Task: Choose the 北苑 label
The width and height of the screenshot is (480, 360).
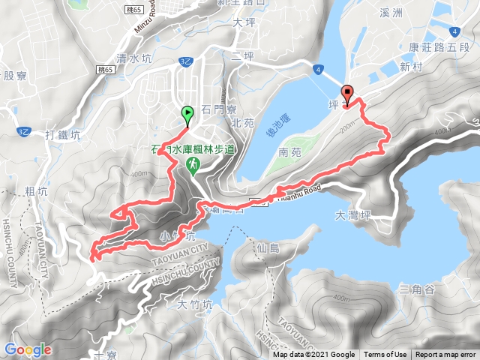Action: click(x=244, y=122)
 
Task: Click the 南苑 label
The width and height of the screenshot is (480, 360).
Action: click(x=289, y=151)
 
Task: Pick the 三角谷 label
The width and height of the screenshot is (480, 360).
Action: click(x=418, y=289)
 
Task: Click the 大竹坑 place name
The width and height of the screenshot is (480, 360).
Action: click(x=196, y=304)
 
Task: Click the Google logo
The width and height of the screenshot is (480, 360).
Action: click(x=28, y=349)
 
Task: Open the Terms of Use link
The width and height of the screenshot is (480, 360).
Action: click(x=385, y=355)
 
